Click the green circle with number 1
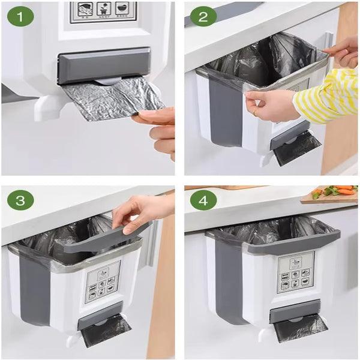pos(20,16)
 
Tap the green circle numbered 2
pos(203,16)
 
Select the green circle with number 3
pos(20,200)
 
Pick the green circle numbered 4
pos(203,200)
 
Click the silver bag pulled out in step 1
pos(108,99)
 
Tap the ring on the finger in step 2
pos(254,112)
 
